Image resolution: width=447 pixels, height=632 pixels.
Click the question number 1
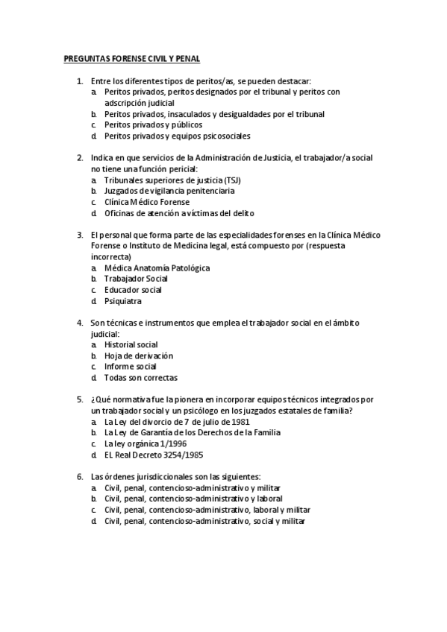[79, 80]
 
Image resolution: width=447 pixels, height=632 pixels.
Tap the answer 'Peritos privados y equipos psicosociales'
[177, 136]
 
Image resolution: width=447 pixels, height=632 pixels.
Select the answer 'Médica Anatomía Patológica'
[157, 268]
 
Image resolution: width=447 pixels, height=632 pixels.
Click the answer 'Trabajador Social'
[136, 279]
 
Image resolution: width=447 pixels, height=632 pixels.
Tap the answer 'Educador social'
[133, 290]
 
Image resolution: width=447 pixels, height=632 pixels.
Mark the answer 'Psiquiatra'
[123, 301]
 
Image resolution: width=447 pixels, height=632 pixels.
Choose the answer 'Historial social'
[131, 344]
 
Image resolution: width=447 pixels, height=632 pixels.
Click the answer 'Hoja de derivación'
[139, 355]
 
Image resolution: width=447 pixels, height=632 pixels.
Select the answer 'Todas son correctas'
[141, 378]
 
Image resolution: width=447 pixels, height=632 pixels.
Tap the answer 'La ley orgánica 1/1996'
[146, 443]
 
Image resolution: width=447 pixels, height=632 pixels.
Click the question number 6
[79, 476]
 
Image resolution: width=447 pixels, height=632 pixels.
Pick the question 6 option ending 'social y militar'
[205, 521]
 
